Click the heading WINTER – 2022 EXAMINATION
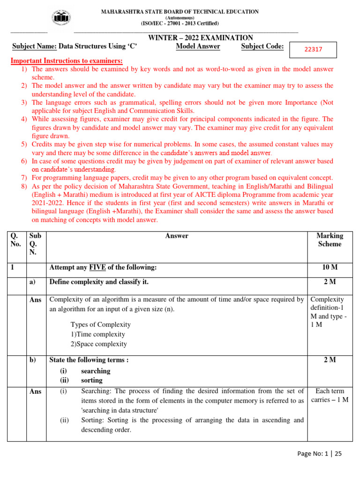pos(201,38)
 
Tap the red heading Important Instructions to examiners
pos(67,61)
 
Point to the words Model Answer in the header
pos(198,46)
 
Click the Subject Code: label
pos(262,46)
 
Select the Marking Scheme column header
pos(330,240)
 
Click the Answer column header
pos(177,236)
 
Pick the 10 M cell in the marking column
pos(330,267)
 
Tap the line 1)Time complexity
pos(98,334)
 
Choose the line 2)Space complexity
pos(99,344)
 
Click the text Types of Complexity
pos(100,324)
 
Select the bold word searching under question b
pos(96,371)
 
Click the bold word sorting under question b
pos(91,380)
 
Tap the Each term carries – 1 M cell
pos(330,395)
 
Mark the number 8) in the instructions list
pos(24,186)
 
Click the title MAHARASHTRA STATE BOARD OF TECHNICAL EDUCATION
pos(180,12)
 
